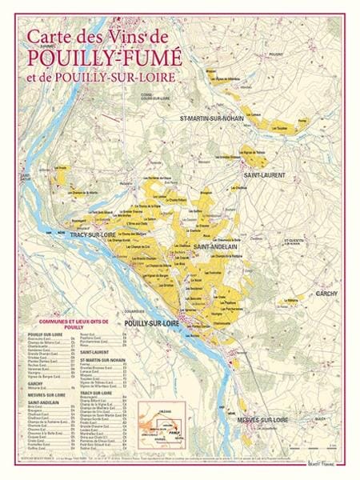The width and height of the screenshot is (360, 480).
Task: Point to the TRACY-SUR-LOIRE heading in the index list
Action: tap(97, 393)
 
